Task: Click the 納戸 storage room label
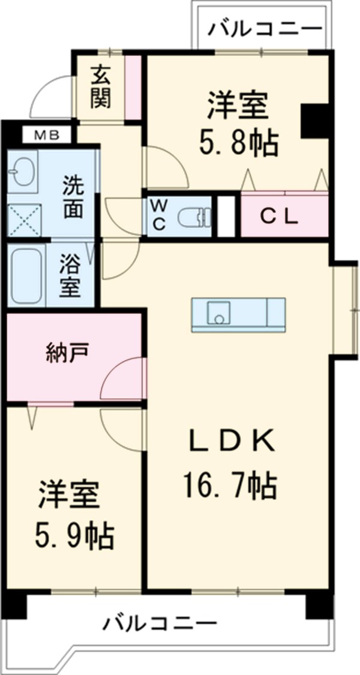(x=67, y=353)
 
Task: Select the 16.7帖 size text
(x=232, y=486)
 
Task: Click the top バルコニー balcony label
(x=265, y=29)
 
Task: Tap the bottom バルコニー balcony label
(x=159, y=625)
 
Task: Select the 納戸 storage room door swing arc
(x=123, y=378)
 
